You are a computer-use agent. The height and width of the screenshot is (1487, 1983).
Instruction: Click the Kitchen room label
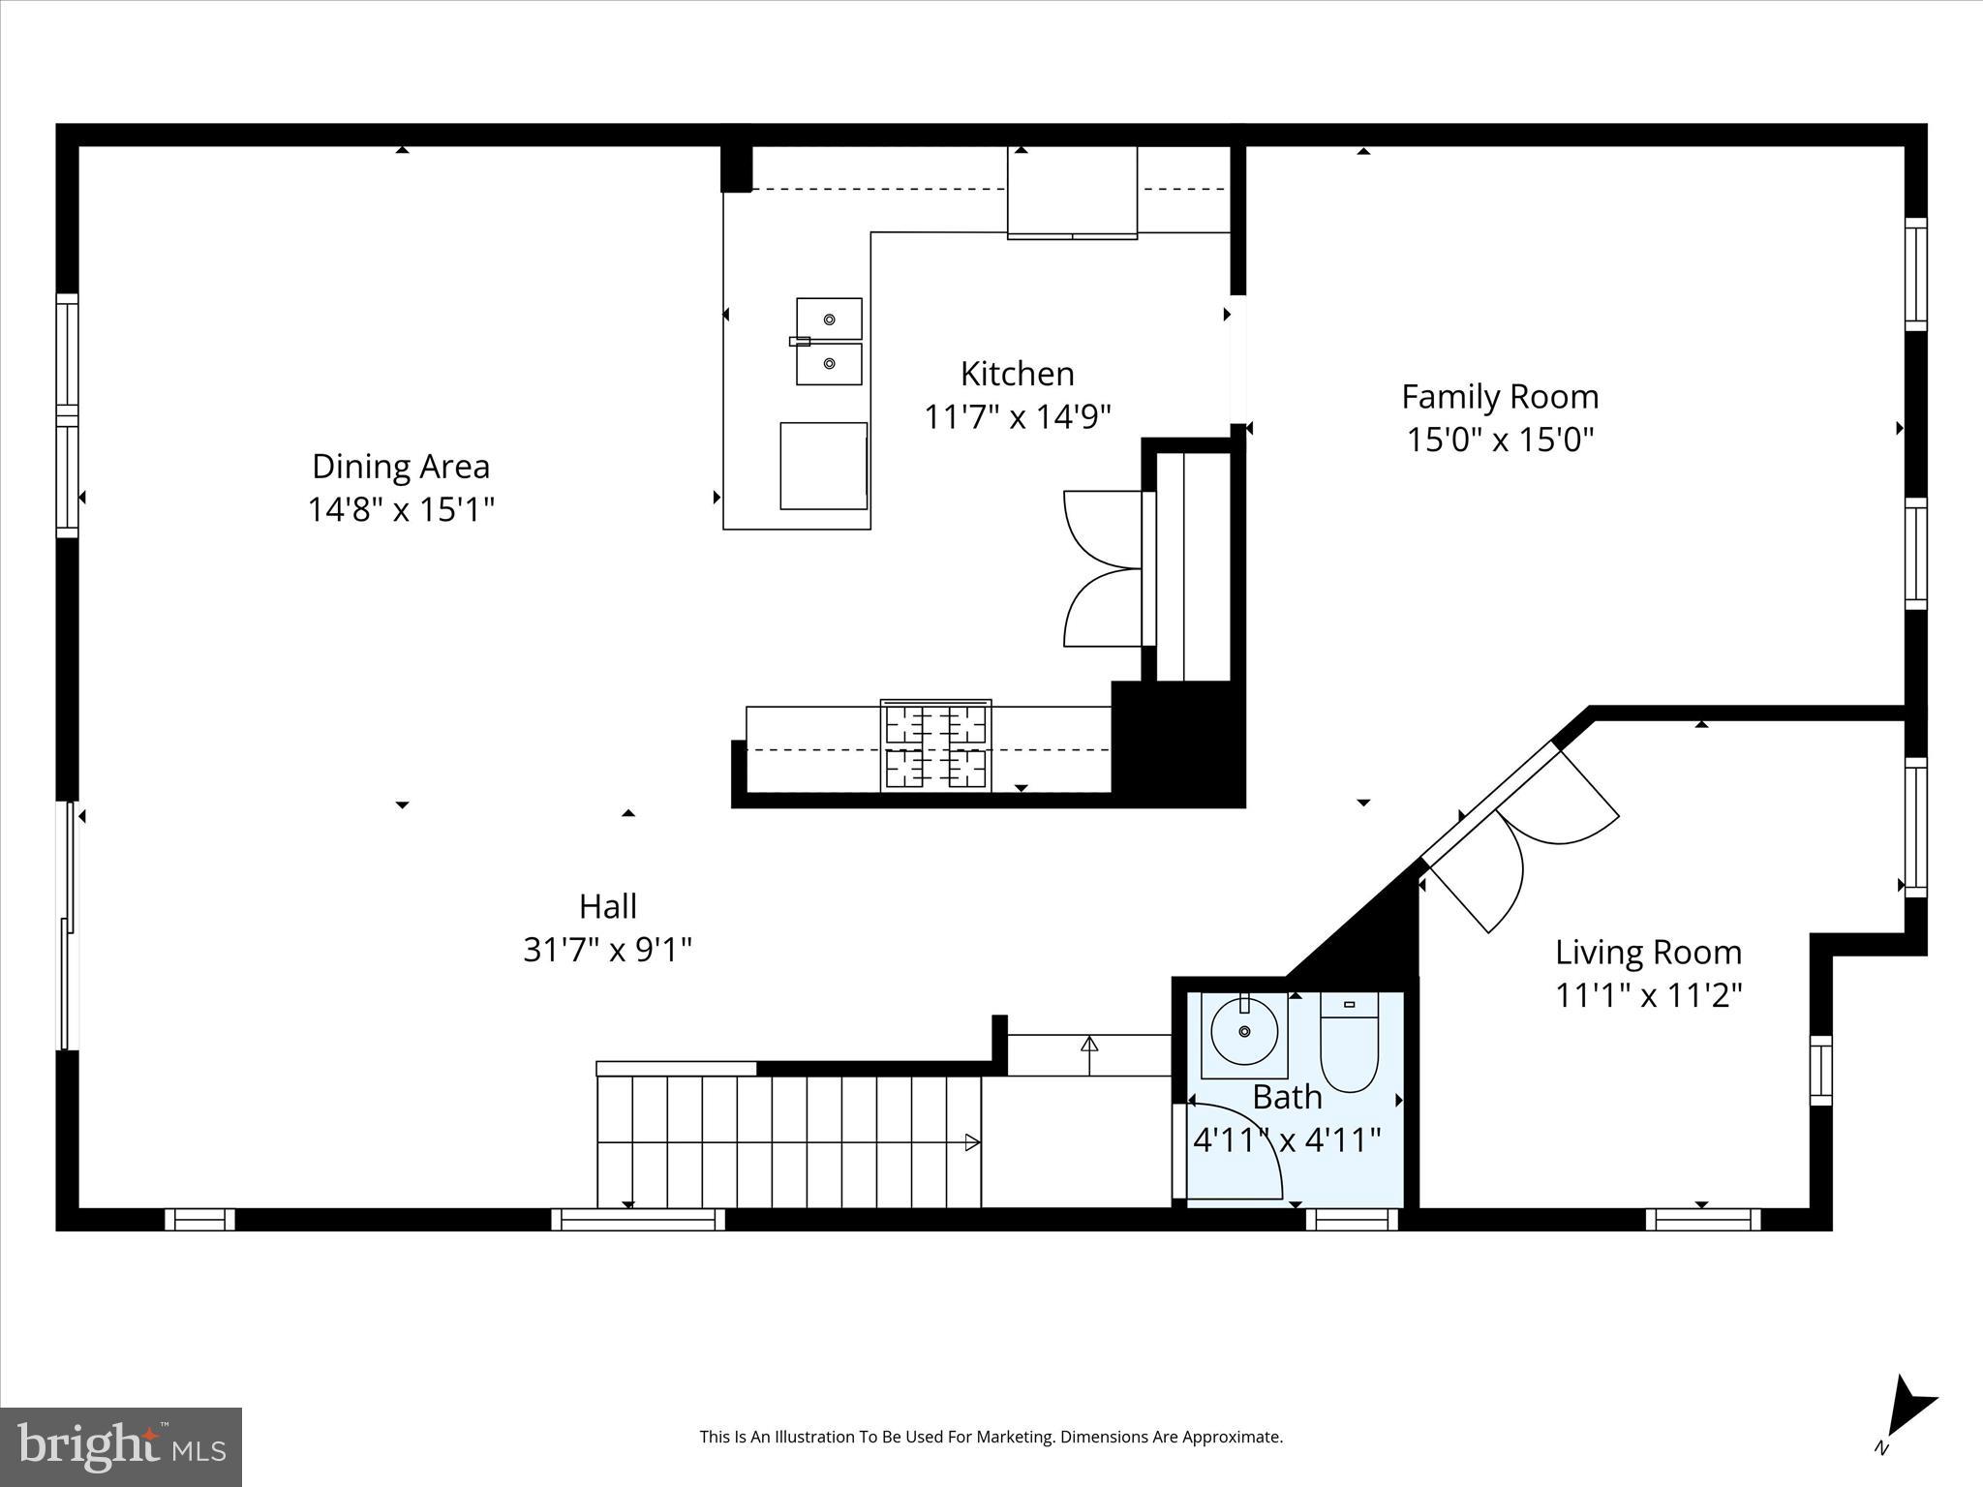[1017, 374]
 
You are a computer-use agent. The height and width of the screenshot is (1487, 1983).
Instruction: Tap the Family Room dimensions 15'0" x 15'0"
[1499, 440]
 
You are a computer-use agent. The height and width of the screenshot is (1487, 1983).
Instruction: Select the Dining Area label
[401, 467]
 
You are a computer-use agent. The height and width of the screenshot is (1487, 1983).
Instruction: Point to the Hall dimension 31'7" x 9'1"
[607, 950]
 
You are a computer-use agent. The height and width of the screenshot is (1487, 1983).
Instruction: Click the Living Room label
[1648, 953]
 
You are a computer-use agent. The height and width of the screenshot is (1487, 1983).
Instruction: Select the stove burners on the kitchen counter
[935, 745]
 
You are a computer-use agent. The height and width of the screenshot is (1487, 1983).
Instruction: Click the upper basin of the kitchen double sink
[829, 319]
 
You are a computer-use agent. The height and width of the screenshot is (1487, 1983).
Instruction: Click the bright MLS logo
[121, 1446]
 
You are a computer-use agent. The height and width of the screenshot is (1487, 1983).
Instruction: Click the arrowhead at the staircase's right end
[972, 1142]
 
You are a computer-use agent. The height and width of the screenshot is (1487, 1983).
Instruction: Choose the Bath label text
[1287, 1098]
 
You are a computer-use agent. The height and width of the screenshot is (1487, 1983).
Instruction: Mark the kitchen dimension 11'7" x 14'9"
[1017, 417]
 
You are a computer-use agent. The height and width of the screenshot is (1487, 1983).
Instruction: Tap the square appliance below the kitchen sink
[824, 466]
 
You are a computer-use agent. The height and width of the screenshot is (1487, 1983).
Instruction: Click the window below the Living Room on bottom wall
[1702, 1220]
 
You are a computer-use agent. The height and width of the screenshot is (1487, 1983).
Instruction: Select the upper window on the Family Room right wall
[1915, 274]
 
